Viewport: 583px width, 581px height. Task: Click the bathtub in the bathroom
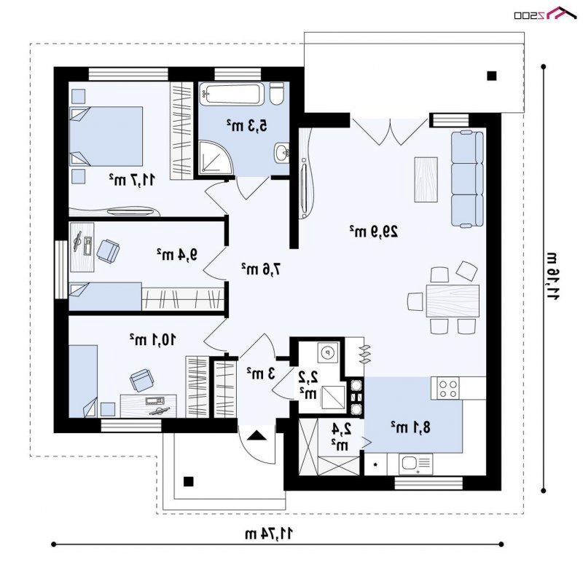click(232, 94)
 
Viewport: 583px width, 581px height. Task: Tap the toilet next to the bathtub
click(276, 94)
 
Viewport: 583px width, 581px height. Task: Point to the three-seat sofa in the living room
click(467, 178)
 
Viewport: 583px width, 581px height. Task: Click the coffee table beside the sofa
click(426, 179)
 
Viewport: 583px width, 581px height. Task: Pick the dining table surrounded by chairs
click(453, 301)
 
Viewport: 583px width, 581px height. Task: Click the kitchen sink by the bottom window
click(415, 464)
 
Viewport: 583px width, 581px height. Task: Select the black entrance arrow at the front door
click(257, 435)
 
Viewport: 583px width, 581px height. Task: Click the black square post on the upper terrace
click(491, 76)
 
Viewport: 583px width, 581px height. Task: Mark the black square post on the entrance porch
click(189, 481)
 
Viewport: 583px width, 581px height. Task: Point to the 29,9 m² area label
click(374, 231)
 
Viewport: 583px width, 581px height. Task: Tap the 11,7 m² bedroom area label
click(132, 180)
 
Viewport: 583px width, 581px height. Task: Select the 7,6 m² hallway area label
click(261, 269)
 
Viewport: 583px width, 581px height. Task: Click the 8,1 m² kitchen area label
click(410, 427)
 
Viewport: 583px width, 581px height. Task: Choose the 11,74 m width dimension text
click(269, 534)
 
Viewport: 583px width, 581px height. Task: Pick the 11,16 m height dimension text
click(552, 275)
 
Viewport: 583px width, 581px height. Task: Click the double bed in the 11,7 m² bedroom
click(106, 136)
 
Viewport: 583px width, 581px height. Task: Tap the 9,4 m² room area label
click(176, 255)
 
